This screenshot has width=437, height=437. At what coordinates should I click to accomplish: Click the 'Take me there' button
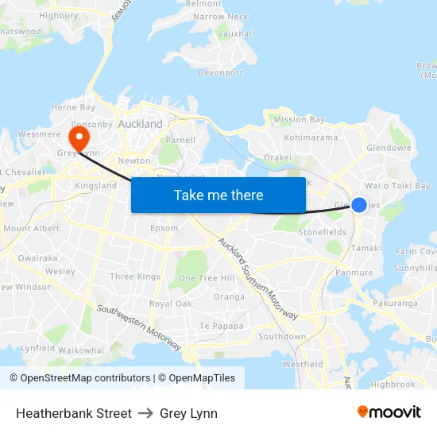click(x=218, y=195)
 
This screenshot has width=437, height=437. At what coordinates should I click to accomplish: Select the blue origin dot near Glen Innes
click(x=359, y=205)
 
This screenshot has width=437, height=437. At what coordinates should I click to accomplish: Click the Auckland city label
click(x=140, y=124)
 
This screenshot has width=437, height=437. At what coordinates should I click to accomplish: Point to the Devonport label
click(x=220, y=72)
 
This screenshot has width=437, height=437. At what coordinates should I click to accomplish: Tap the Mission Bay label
click(x=299, y=120)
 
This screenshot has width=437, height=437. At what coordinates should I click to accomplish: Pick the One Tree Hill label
click(x=207, y=278)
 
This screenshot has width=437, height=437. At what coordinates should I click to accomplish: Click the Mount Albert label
click(x=32, y=229)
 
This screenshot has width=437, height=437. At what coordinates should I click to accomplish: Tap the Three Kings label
click(x=135, y=277)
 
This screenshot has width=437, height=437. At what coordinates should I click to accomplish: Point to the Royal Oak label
click(x=171, y=304)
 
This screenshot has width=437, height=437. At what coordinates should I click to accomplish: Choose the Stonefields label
click(x=322, y=232)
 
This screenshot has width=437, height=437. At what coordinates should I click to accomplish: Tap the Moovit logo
click(x=389, y=412)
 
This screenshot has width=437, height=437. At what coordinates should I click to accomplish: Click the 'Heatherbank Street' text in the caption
click(x=74, y=413)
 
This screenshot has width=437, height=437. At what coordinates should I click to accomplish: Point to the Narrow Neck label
click(x=220, y=17)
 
